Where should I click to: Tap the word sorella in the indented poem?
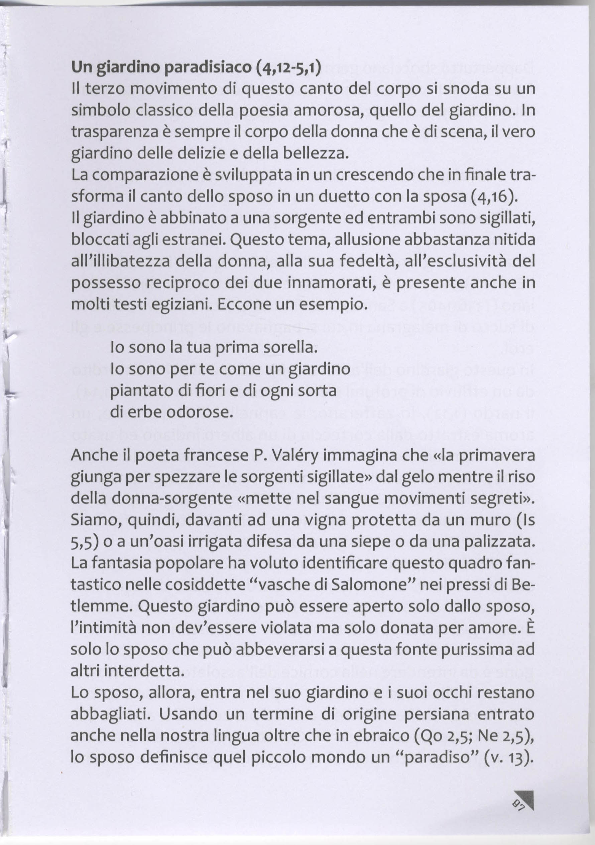point(289,348)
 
